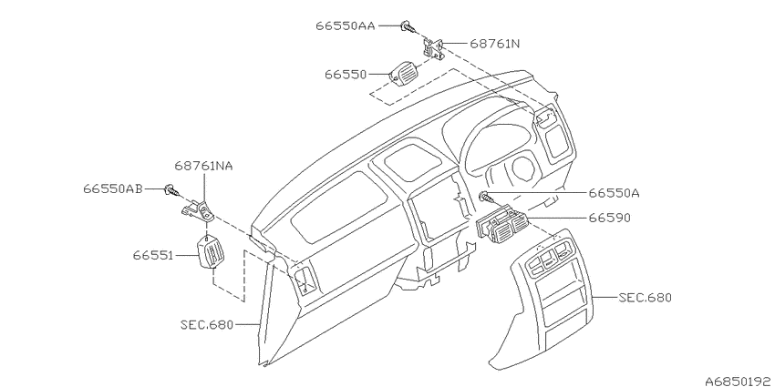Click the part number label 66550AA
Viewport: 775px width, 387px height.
coord(346,25)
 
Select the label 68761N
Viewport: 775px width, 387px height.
coord(495,44)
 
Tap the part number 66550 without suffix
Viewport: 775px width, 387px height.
coord(346,75)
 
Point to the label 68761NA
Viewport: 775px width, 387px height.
coord(203,166)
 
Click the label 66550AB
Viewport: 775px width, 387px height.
coord(113,188)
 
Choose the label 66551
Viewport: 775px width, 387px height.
coord(152,256)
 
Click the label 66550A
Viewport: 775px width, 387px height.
coord(614,193)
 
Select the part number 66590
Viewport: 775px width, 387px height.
coord(609,218)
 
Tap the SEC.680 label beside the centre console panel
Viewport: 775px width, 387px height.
coord(645,298)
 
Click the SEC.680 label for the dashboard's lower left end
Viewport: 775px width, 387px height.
coord(207,325)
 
